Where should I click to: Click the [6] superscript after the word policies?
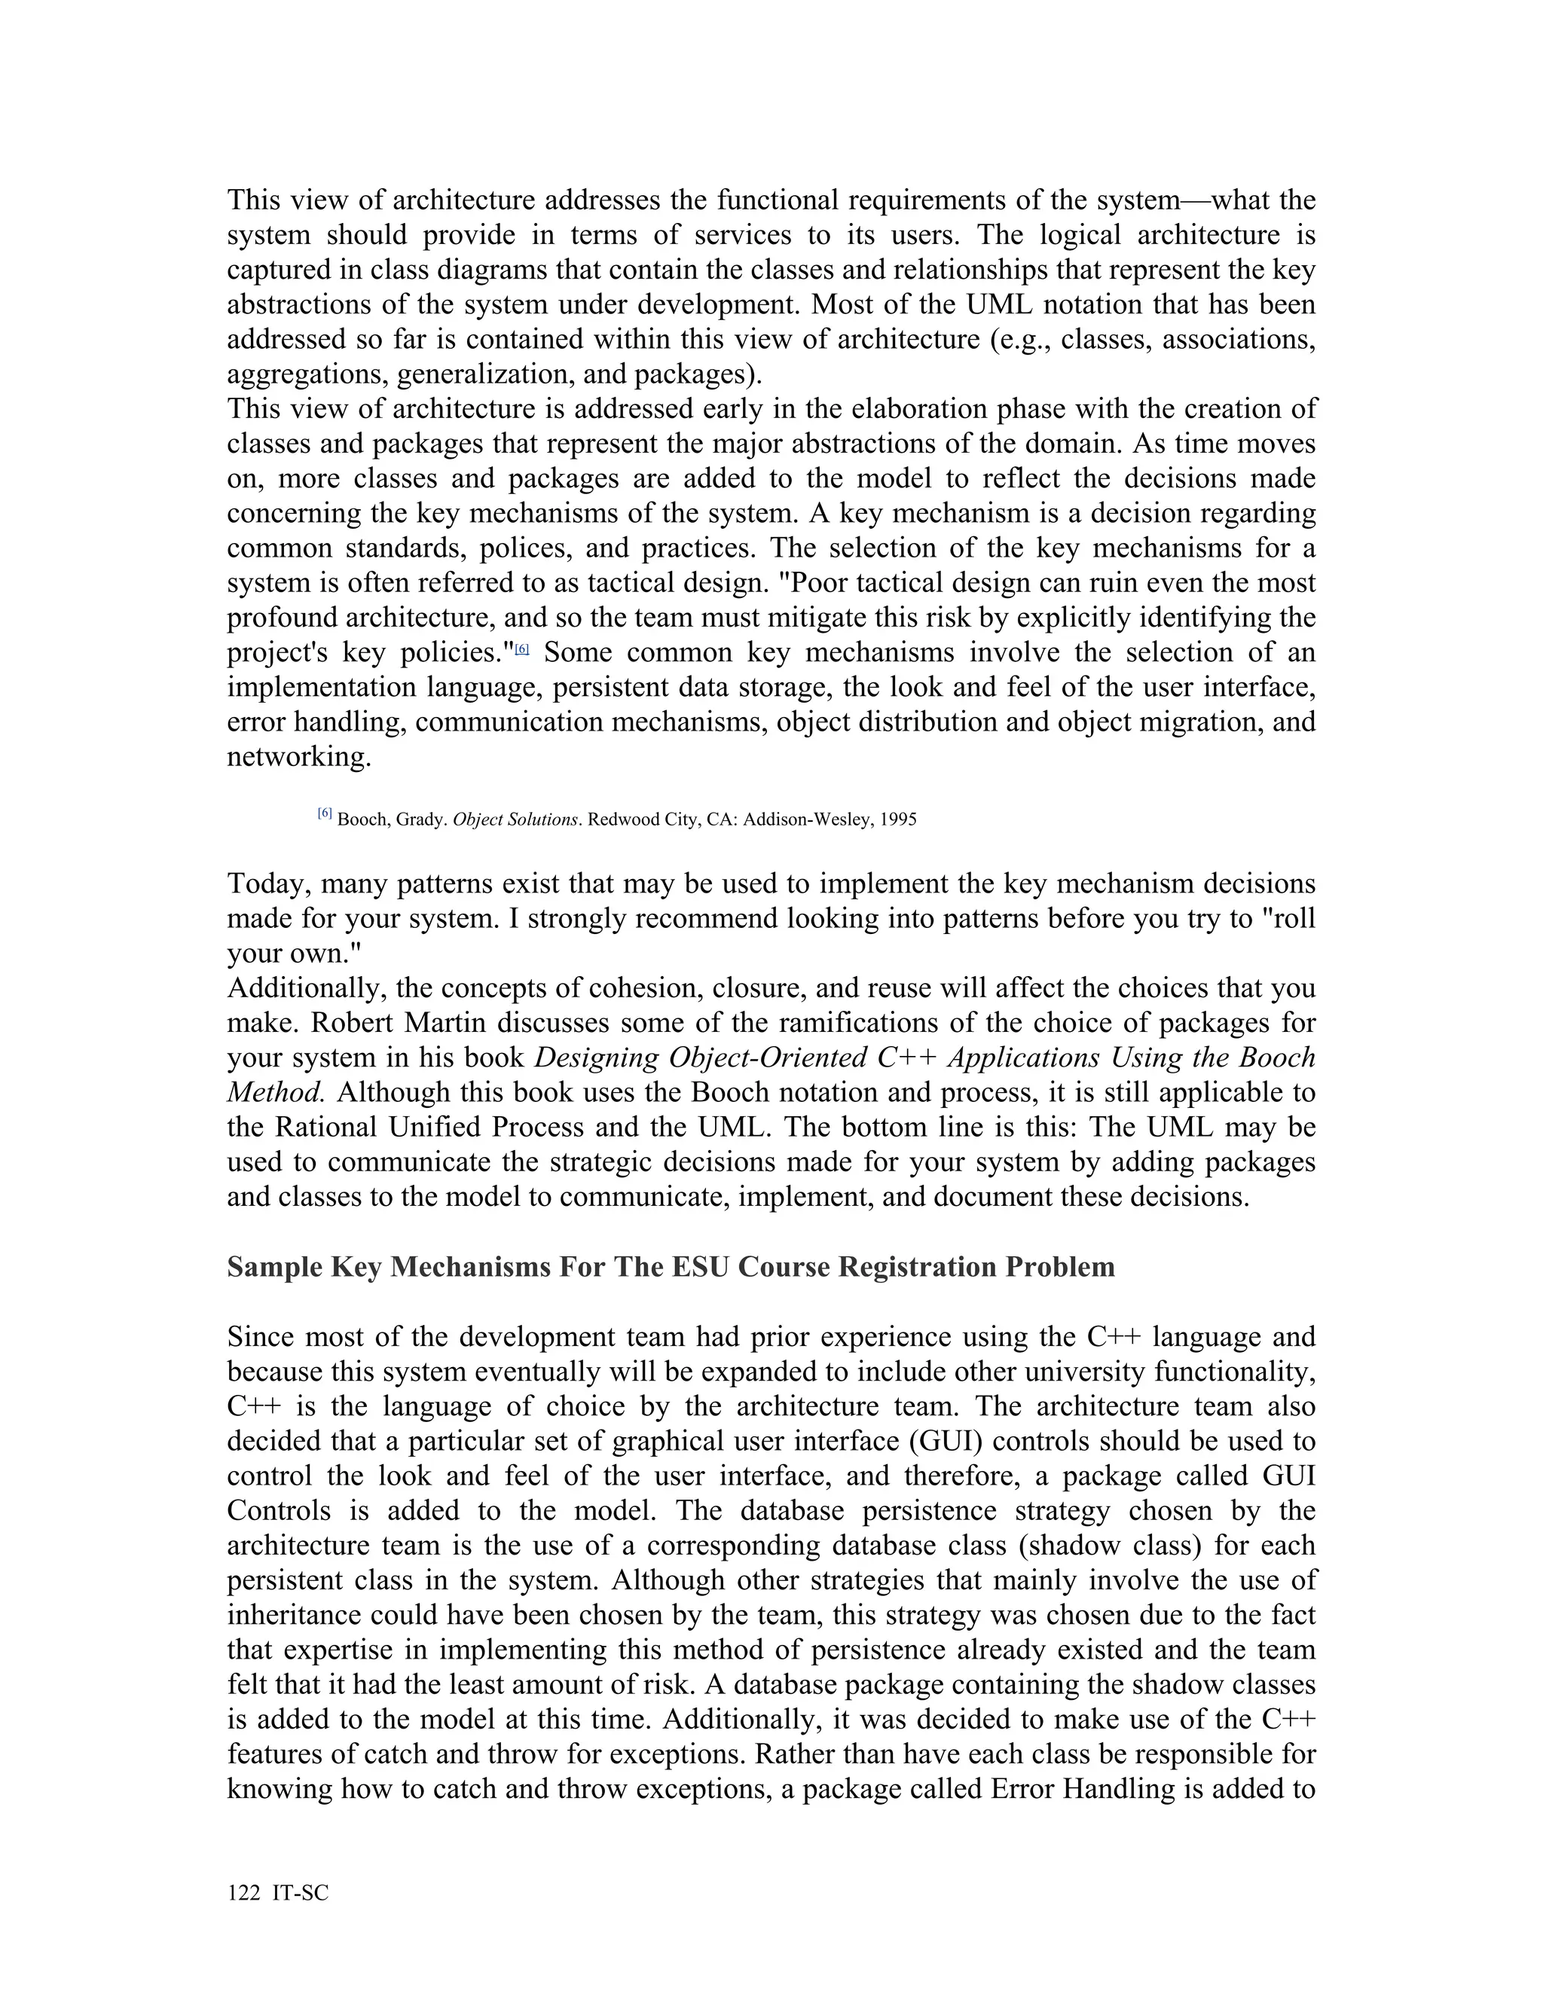click(522, 649)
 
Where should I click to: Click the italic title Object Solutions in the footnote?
click(515, 819)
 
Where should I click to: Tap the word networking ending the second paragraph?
click(299, 757)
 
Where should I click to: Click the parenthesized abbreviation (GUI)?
click(946, 1441)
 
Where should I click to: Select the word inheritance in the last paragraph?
click(291, 1615)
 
